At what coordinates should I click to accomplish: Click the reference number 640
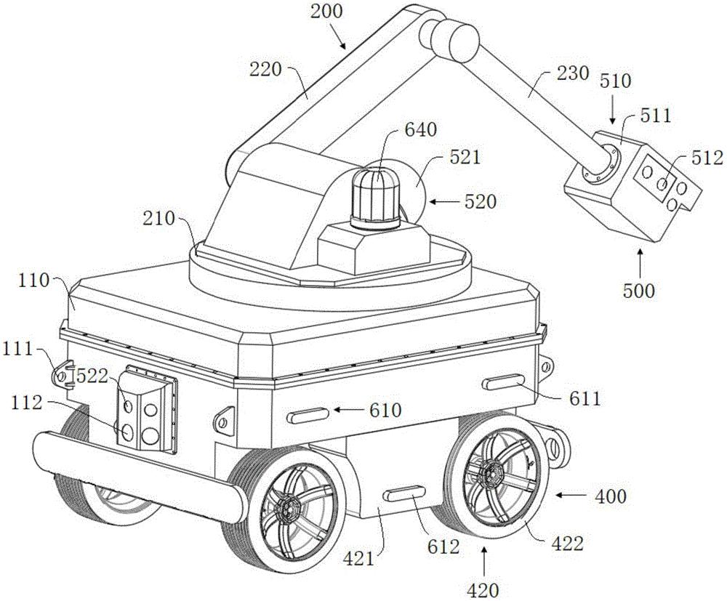[420, 130]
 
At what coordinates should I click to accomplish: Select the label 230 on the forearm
[573, 73]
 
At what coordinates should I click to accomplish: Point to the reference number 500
[639, 291]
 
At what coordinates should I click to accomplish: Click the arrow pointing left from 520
[446, 201]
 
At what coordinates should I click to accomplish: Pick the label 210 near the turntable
[159, 218]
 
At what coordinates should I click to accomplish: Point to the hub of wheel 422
[491, 474]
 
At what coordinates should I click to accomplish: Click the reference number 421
[358, 558]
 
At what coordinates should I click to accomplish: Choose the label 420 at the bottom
[483, 591]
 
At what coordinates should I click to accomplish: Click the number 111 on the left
[17, 349]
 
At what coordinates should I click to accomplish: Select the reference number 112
[28, 403]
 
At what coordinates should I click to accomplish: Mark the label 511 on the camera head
[655, 115]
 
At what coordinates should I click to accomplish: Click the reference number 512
[707, 158]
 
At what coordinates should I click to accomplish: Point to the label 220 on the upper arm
[265, 70]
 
